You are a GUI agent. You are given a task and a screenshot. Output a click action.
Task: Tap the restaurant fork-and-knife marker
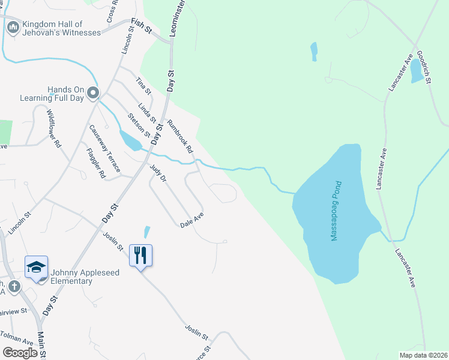tap(140, 255)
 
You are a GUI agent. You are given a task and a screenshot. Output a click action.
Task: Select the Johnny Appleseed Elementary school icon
tap(36, 267)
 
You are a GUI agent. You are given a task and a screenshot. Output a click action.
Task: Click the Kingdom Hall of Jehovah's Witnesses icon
tap(13, 27)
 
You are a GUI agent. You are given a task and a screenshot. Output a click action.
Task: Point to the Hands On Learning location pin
tap(92, 93)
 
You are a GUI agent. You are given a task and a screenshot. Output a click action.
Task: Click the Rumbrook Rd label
tap(180, 136)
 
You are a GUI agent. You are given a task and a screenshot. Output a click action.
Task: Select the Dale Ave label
tap(193, 220)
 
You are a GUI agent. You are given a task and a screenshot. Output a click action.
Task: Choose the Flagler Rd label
tap(95, 163)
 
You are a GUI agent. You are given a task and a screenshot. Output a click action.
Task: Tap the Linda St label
tap(147, 112)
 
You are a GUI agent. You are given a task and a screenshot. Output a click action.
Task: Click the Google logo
tap(20, 353)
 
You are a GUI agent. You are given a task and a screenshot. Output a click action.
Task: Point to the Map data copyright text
tap(423, 355)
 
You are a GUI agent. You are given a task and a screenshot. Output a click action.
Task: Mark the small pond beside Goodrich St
tap(415, 72)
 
